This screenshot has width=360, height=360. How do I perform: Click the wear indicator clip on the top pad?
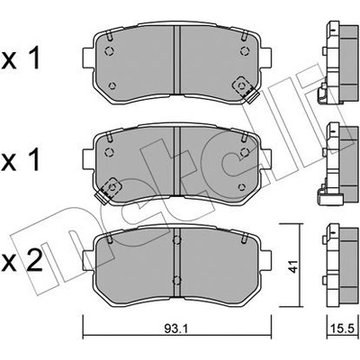(x=244, y=89)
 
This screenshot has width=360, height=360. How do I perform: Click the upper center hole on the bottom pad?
(x=177, y=239)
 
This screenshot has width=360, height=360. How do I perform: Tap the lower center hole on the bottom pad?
(x=177, y=280)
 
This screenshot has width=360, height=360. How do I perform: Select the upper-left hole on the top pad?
(x=109, y=51)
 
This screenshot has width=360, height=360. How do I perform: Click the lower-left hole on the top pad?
(x=112, y=85)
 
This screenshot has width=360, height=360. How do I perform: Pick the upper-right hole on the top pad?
(x=245, y=51)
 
